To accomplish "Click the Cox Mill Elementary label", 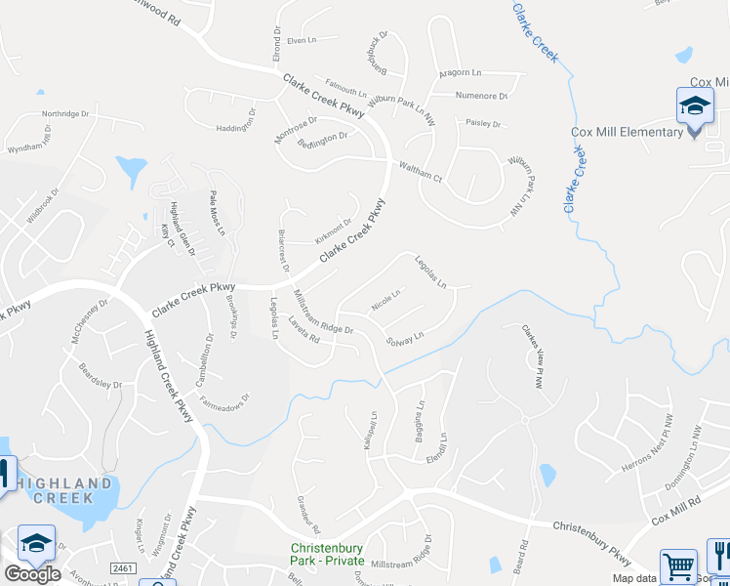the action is (x=627, y=133).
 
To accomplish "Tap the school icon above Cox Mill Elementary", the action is (x=695, y=106).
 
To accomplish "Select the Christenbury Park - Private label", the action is (x=327, y=555).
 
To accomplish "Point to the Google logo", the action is (x=31, y=574).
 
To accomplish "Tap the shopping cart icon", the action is (x=678, y=565).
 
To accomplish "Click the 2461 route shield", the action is (x=122, y=567).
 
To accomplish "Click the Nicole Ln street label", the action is (x=385, y=300).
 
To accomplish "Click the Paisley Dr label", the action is (x=483, y=124).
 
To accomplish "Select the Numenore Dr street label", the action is (x=482, y=96).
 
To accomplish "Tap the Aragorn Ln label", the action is (x=461, y=72).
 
